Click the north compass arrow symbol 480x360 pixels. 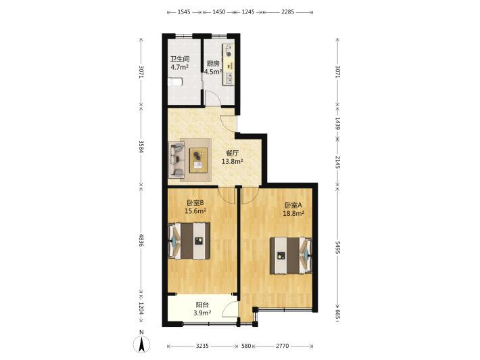(141, 344)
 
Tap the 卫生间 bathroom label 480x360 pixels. (180, 58)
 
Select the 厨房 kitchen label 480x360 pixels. (213, 64)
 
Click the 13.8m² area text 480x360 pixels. (233, 161)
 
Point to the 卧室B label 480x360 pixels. (195, 202)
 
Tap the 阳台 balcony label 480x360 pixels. (202, 305)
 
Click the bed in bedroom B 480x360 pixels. (189, 241)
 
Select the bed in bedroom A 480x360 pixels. (291, 255)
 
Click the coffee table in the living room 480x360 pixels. (198, 160)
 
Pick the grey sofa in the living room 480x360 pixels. (176, 160)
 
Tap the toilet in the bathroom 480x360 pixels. (175, 81)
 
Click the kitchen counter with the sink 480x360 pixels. (228, 64)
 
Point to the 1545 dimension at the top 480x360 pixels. (184, 12)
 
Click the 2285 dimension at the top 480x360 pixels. (288, 12)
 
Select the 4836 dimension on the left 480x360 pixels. (141, 240)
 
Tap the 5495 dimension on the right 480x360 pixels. (337, 247)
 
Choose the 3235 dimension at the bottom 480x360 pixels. (202, 346)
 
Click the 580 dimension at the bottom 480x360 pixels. (246, 346)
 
